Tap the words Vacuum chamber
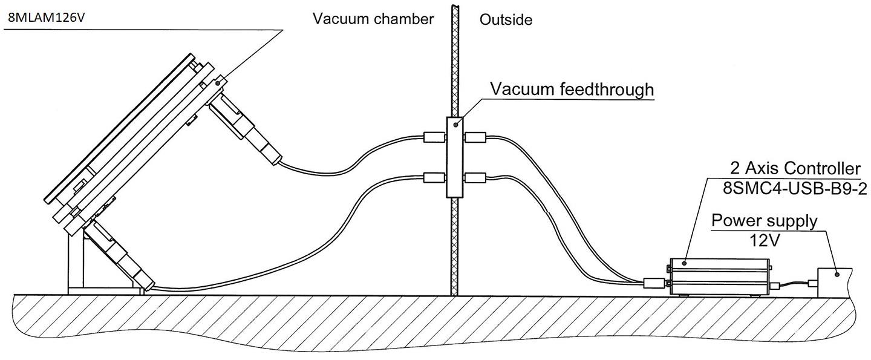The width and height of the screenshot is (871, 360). (x=373, y=19)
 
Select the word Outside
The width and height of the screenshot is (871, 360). (x=506, y=20)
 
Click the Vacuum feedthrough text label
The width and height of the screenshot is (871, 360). (x=572, y=90)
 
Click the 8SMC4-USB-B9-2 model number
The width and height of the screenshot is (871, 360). (x=795, y=189)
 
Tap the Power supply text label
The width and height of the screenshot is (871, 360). (x=764, y=220)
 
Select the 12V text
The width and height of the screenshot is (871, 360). (x=764, y=240)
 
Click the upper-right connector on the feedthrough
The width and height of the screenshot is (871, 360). (x=475, y=138)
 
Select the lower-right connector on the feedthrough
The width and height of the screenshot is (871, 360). (x=475, y=177)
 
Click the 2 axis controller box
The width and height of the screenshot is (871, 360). (x=719, y=277)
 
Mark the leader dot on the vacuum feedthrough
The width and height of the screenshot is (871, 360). (x=454, y=125)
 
